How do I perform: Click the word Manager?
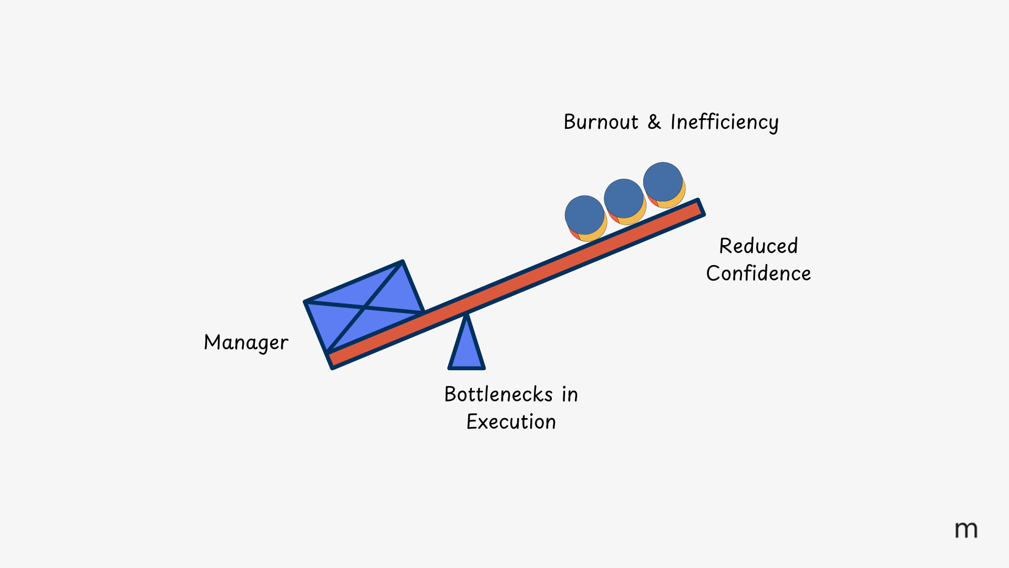pyautogui.click(x=246, y=343)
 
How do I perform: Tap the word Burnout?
pyautogui.click(x=601, y=122)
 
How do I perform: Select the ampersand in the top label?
pyautogui.click(x=654, y=122)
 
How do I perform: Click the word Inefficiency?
pyautogui.click(x=724, y=123)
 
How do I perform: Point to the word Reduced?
pyautogui.click(x=758, y=246)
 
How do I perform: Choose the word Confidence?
pyautogui.click(x=758, y=273)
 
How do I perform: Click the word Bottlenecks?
pyautogui.click(x=498, y=394)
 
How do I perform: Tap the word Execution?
pyautogui.click(x=511, y=422)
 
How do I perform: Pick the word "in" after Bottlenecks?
pyautogui.click(x=570, y=394)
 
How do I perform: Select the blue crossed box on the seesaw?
pyautogui.click(x=365, y=306)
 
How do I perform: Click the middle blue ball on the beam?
pyautogui.click(x=624, y=199)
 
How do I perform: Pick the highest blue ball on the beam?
pyautogui.click(x=663, y=182)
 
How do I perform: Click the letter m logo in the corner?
pyautogui.click(x=966, y=530)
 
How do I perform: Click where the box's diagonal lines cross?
pyautogui.click(x=364, y=307)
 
